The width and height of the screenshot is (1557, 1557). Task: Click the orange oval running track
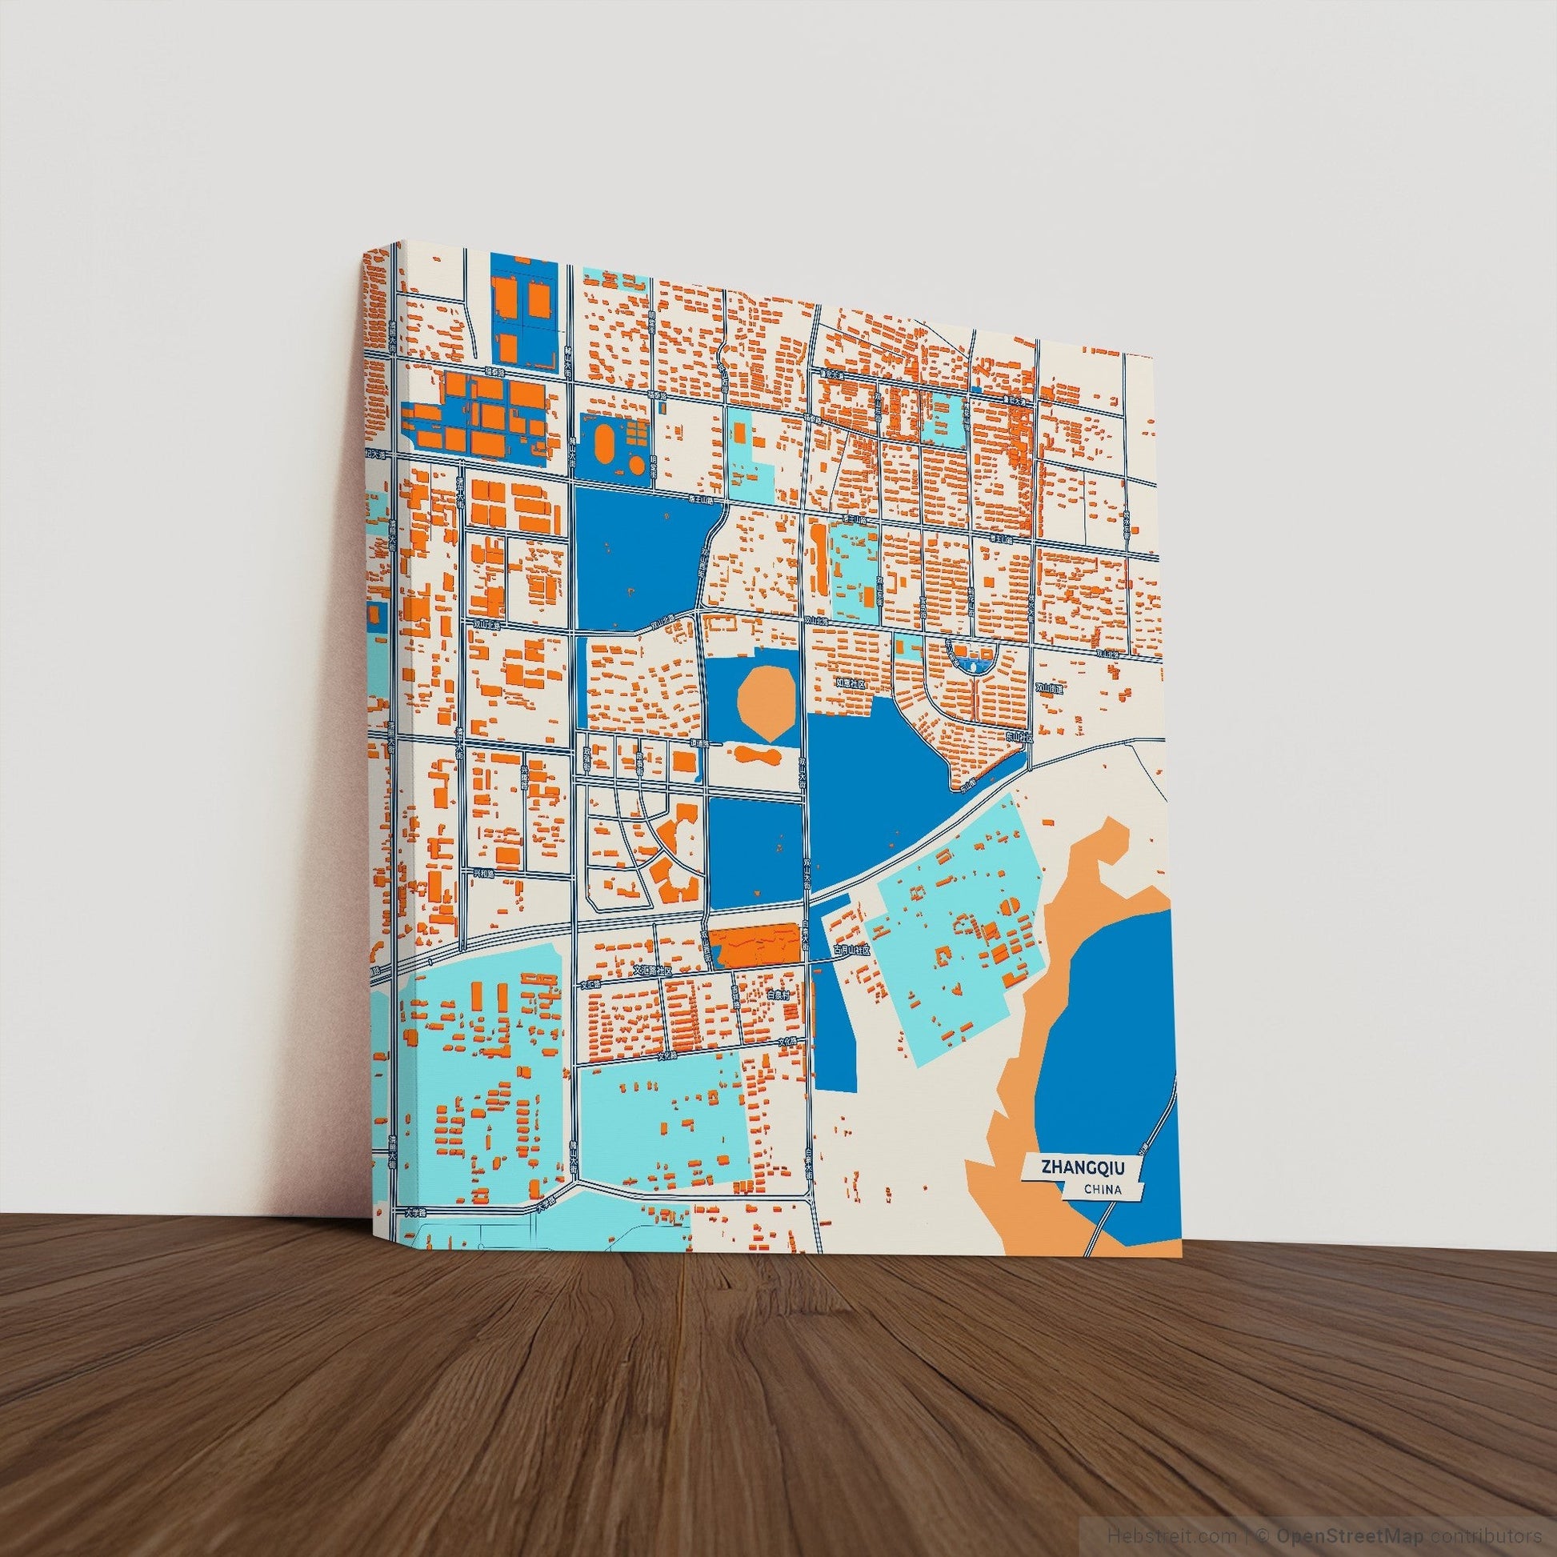pos(604,441)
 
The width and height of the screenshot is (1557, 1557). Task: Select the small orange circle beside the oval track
pos(637,465)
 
